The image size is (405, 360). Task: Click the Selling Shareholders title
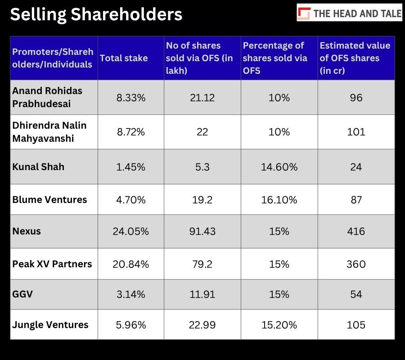pos(96,14)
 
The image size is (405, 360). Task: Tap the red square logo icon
pos(304,13)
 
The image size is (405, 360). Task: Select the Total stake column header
pos(124,58)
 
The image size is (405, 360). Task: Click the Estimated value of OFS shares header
pos(355,58)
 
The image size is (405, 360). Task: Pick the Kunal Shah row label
pos(38,167)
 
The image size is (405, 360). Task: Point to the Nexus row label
pos(27,231)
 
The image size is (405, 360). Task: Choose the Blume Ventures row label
pos(49,200)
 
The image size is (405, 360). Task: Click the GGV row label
pos(22,294)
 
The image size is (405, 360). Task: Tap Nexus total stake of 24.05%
pos(130,231)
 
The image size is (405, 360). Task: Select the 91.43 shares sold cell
pos(202,231)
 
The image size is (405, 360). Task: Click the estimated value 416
pos(356,231)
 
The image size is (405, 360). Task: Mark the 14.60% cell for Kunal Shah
pos(279,167)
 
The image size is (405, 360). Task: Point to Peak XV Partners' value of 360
pos(356,264)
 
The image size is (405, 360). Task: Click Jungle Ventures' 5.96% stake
pos(130,325)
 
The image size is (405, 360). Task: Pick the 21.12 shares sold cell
pos(202,98)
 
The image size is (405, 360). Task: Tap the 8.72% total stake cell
pos(130,132)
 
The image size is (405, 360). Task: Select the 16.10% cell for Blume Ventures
pos(279,200)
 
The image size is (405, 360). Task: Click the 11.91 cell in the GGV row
pos(202,294)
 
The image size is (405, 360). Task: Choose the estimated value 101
pos(356,132)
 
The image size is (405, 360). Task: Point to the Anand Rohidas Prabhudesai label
pos(47,97)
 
